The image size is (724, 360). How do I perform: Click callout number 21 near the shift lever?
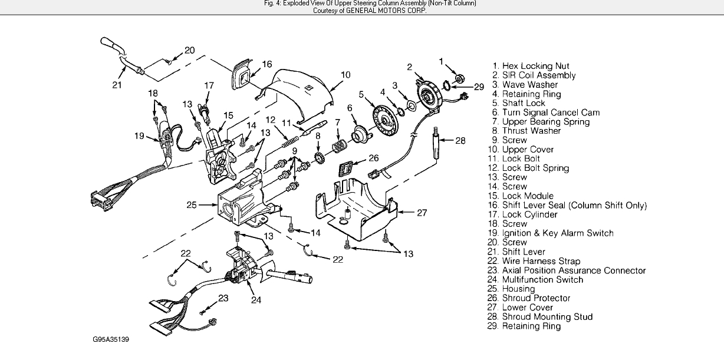116,85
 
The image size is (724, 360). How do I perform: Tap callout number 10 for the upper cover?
345,75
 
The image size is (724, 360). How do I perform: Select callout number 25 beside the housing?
192,206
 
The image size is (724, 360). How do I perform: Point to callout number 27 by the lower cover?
422,213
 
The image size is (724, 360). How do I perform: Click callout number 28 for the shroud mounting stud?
460,140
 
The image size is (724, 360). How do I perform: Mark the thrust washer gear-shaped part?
318,160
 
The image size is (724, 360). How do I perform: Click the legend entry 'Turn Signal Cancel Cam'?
542,113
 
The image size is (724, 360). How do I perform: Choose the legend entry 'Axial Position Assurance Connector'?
574,270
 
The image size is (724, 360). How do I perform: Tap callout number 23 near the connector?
223,298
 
